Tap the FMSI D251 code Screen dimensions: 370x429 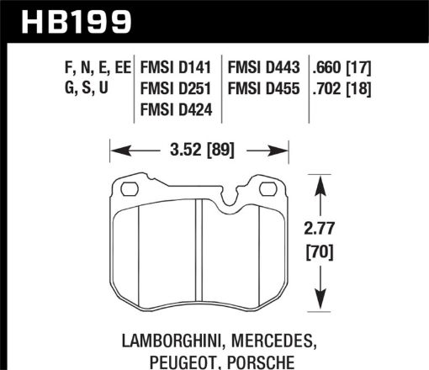click(177, 88)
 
